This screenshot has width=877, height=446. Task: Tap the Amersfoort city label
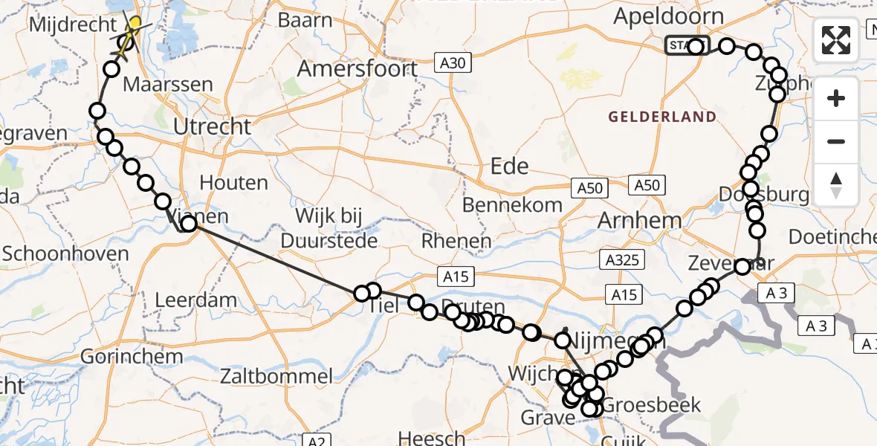[357, 69]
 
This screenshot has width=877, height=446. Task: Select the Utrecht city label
[213, 126]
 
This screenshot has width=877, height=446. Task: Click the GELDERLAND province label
[662, 117]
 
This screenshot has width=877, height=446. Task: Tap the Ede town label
[509, 166]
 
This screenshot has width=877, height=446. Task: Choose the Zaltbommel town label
[276, 376]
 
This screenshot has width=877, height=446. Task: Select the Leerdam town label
[196, 301]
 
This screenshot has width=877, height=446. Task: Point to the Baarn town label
[306, 20]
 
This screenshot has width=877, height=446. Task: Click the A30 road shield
[452, 63]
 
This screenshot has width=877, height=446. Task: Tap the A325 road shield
[624, 259]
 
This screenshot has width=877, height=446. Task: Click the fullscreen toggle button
[836, 40]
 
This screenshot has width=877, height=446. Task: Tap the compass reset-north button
[836, 184]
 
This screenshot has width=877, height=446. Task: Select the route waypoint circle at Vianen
[189, 224]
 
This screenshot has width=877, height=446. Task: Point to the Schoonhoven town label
[65, 253]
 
